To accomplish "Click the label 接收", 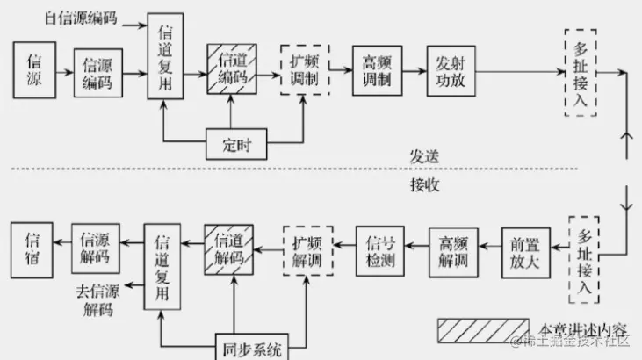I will coord(423,185).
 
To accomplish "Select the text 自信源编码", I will coord(79,18).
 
